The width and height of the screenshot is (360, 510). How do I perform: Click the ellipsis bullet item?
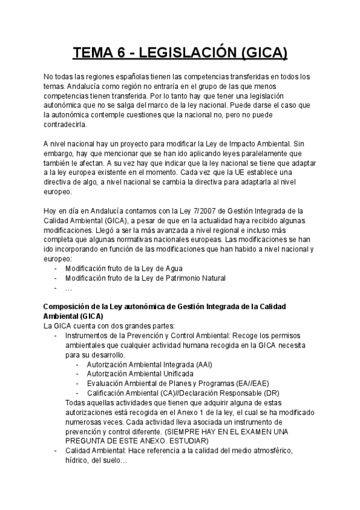69,288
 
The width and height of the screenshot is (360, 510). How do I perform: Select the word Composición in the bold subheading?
67,307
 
